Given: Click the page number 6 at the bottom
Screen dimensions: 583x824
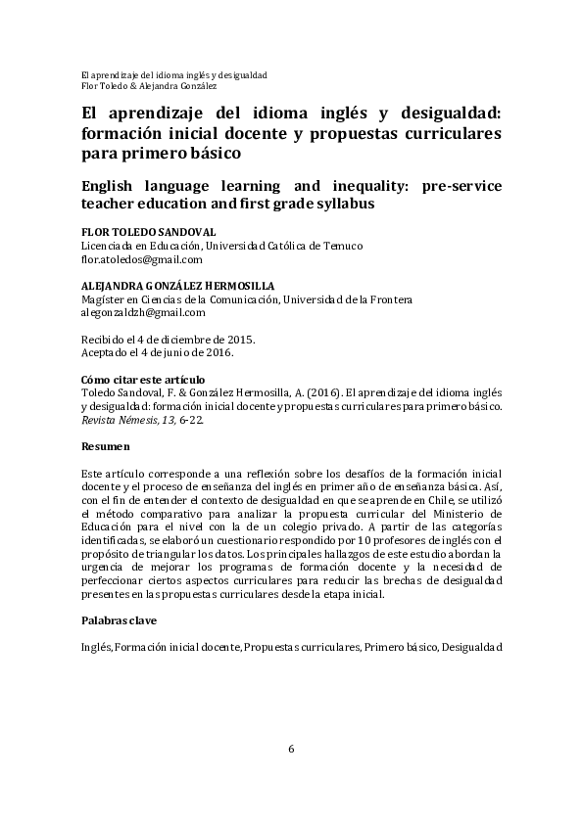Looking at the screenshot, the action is pos(291,750).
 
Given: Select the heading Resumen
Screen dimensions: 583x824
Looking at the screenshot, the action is pos(105,446).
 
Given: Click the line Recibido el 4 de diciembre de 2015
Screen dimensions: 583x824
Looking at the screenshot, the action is pos(168,339).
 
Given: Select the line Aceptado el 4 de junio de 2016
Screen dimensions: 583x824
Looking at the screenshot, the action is pos(157,352).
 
